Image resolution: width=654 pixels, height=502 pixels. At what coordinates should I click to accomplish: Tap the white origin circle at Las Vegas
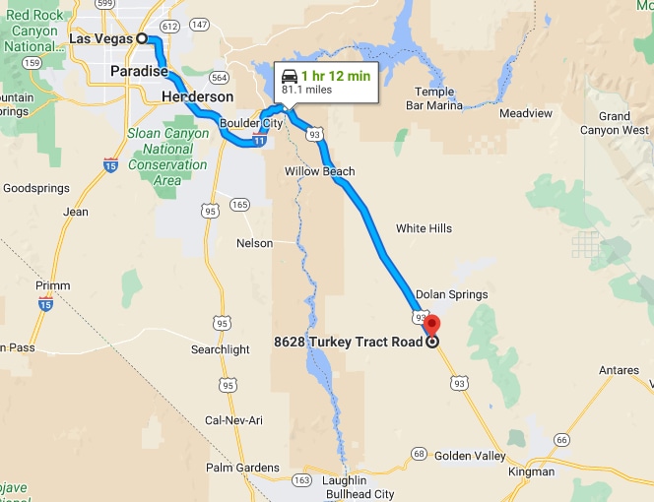click(x=142, y=38)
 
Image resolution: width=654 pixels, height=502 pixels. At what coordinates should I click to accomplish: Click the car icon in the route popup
click(x=290, y=76)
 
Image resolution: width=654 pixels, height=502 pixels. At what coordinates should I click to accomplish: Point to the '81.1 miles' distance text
click(x=306, y=90)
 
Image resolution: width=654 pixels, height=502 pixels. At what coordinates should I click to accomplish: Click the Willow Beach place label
click(x=319, y=170)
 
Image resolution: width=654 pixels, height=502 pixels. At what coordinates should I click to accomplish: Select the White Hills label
click(x=424, y=228)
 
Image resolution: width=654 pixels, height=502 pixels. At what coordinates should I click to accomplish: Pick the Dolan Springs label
click(x=451, y=294)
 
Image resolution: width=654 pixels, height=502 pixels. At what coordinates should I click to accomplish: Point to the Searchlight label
click(x=220, y=349)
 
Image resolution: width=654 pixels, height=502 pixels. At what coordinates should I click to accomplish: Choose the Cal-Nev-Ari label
click(x=232, y=420)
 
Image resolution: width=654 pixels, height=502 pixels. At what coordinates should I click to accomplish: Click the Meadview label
click(x=527, y=113)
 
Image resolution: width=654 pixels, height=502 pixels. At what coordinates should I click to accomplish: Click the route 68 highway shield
click(x=419, y=454)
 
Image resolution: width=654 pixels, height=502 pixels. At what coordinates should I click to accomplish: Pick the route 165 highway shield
click(x=239, y=205)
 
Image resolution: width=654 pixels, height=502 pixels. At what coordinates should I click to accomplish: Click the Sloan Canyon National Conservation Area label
click(x=167, y=157)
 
